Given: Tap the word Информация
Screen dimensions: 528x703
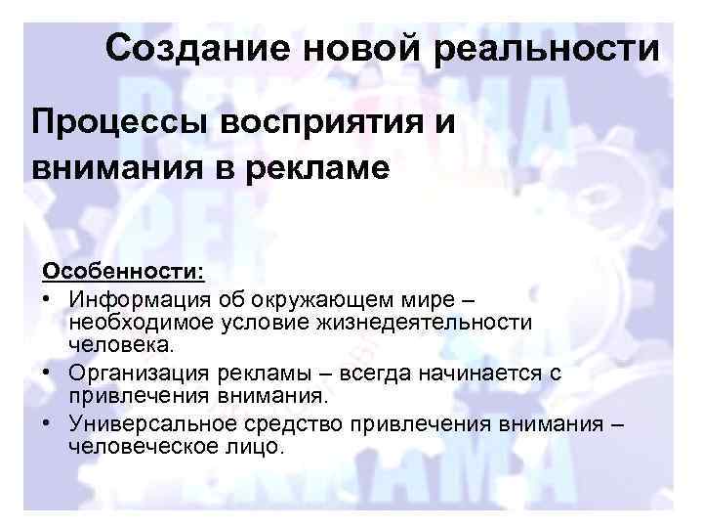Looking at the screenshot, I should point(129,295).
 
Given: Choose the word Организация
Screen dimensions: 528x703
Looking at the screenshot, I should point(130,374).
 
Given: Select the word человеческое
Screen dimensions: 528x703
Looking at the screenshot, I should point(135,448).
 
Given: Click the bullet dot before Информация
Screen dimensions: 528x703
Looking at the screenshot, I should point(46,295).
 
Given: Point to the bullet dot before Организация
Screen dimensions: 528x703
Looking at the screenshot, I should point(46,374).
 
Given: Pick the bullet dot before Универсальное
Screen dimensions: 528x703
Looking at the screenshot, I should point(46,423).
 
